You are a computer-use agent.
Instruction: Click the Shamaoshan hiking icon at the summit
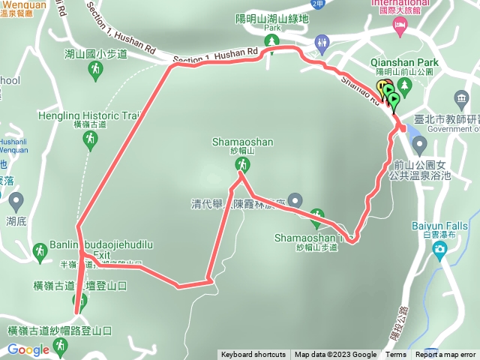pyautogui.click(x=241, y=163)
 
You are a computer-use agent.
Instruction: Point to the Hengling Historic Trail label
pyautogui.click(x=90, y=116)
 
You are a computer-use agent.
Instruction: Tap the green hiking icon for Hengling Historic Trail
pyautogui.click(x=90, y=139)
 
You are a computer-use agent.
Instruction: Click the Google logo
pyautogui.click(x=28, y=349)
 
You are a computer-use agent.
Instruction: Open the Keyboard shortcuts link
pyautogui.click(x=253, y=355)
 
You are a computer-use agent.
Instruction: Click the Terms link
pyautogui.click(x=396, y=355)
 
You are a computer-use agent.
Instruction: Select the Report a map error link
pyautogui.click(x=446, y=355)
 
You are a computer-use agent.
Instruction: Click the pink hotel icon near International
pyautogui.click(x=400, y=28)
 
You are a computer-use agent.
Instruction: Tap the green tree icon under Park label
pyautogui.click(x=273, y=40)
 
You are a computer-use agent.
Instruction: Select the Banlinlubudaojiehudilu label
pyautogui.click(x=102, y=245)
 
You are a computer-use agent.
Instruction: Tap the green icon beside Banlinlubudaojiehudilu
pyautogui.click(x=40, y=250)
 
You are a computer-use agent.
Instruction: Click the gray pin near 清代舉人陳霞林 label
pyautogui.click(x=295, y=200)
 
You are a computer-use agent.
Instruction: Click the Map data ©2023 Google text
pyautogui.click(x=335, y=355)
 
